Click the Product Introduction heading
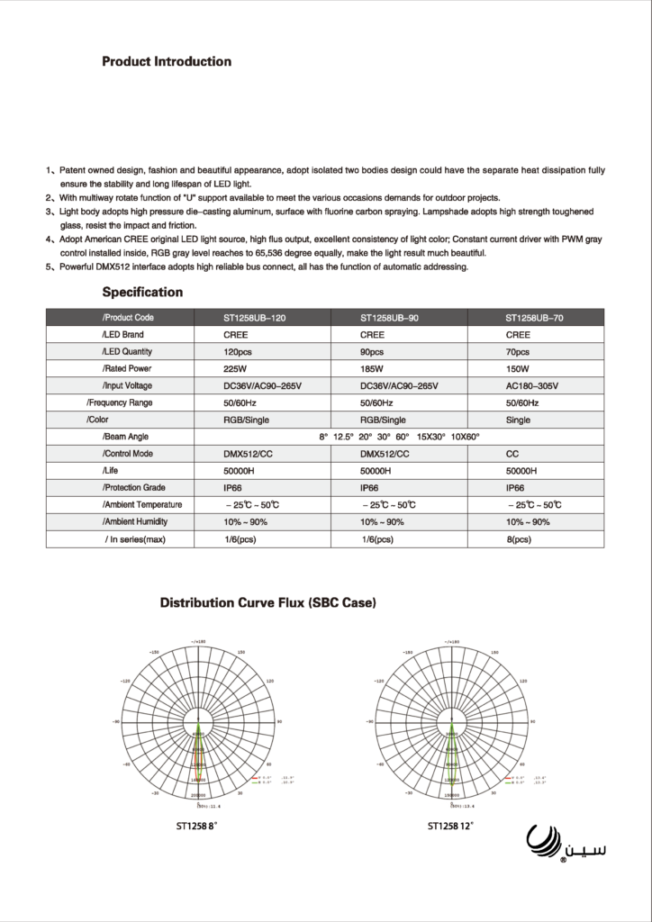coord(167,62)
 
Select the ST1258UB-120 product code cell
coord(255,318)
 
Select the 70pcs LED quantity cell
coord(518,352)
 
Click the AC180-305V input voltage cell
coord(533,385)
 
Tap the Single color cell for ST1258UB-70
coord(519,420)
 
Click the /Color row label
coord(99,420)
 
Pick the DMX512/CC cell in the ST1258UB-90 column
coord(385,454)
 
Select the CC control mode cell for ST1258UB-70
coord(512,454)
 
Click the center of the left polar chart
coord(198,722)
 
